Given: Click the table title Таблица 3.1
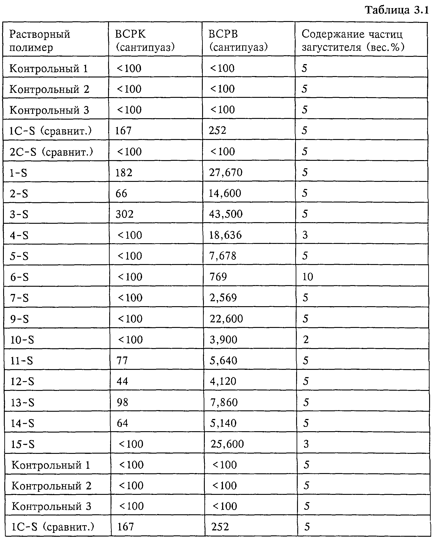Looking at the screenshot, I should tap(397, 10).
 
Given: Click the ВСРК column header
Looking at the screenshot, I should tap(145, 40).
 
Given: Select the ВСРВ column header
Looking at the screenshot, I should tap(238, 40).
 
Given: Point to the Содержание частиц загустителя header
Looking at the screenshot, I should tap(353, 40).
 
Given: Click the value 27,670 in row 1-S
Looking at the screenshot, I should tap(226, 172).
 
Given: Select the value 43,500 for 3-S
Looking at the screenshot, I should tap(226, 214).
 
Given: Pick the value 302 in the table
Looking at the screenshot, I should tap(125, 214).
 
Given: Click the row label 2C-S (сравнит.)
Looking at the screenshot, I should tap(51, 152).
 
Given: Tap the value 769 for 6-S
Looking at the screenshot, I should tap(218, 277).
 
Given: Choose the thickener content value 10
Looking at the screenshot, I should tap(308, 277).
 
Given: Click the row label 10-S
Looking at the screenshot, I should tap(22, 340).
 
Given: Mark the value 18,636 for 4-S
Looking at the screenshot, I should tap(225, 235).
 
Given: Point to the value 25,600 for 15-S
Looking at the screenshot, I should tap(227, 444).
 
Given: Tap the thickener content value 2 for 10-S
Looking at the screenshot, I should tap(306, 340).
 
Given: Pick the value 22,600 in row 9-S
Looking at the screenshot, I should tap(226, 319).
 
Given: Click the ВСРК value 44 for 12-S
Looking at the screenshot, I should tap(122, 381).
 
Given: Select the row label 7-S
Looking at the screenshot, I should tap(19, 298).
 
